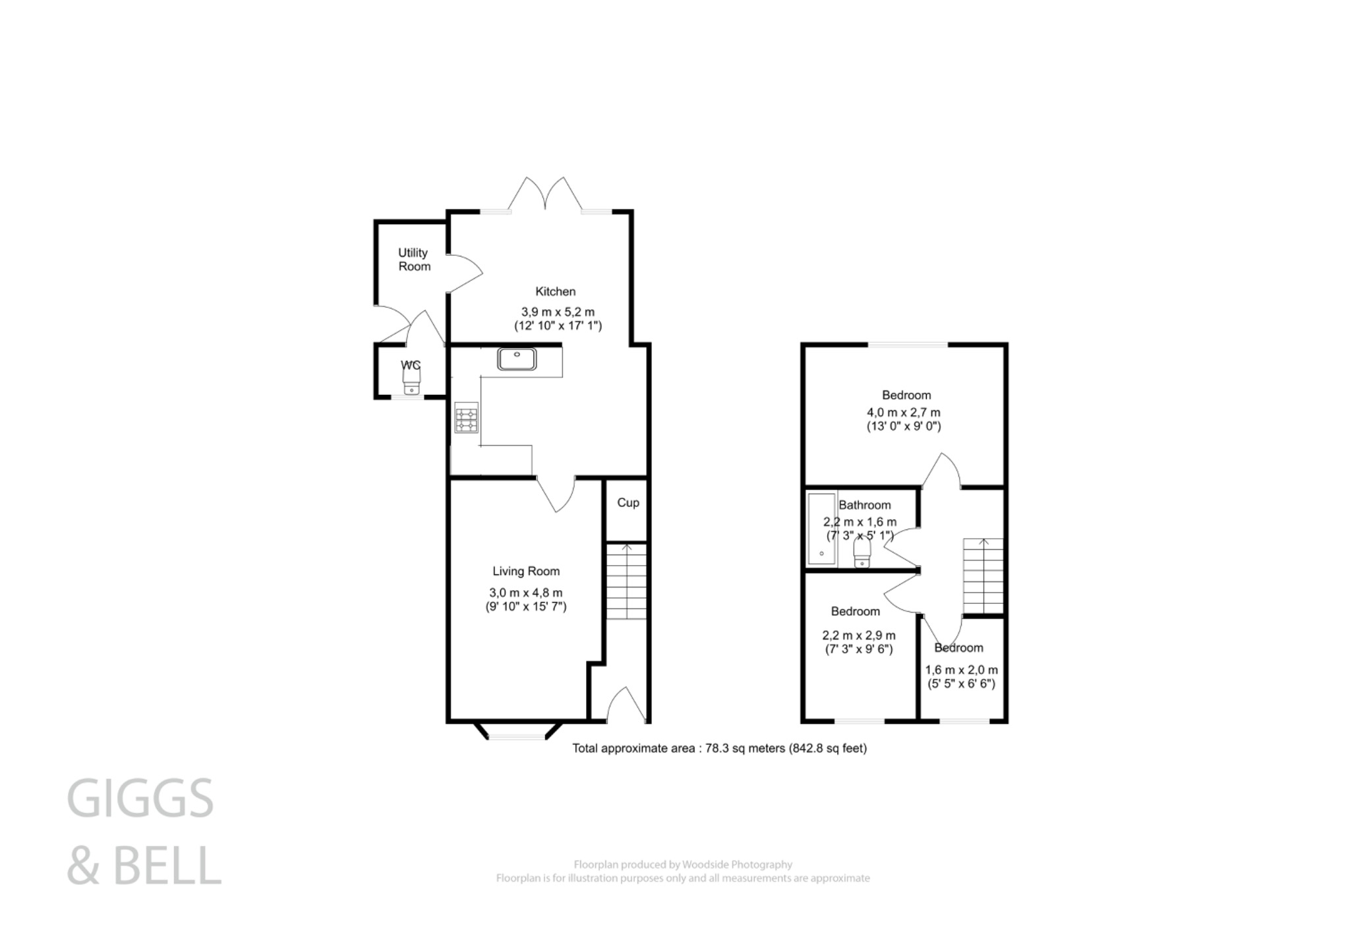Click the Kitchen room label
pyautogui.click(x=555, y=291)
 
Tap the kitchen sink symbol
pyautogui.click(x=517, y=359)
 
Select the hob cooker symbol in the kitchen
pyautogui.click(x=466, y=417)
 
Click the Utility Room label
pyautogui.click(x=414, y=260)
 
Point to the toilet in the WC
pyautogui.click(x=412, y=382)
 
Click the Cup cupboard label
pyautogui.click(x=628, y=502)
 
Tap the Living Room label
pyautogui.click(x=525, y=572)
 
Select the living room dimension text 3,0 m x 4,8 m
pyautogui.click(x=525, y=593)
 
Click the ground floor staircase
pyautogui.click(x=626, y=581)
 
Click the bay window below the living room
pyautogui.click(x=517, y=733)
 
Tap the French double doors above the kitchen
pyautogui.click(x=546, y=194)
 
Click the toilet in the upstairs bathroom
pyautogui.click(x=862, y=553)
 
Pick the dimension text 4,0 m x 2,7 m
pyautogui.click(x=903, y=413)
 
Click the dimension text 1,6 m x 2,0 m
pyautogui.click(x=961, y=670)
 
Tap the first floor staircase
pyautogui.click(x=983, y=576)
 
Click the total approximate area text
pyautogui.click(x=719, y=748)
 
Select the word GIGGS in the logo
pyautogui.click(x=140, y=798)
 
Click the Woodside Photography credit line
pyautogui.click(x=683, y=864)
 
